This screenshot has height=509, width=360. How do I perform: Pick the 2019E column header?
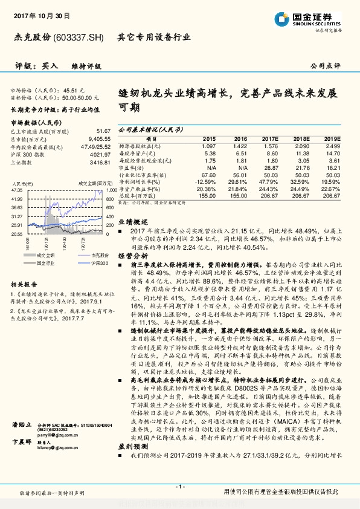click(332, 138)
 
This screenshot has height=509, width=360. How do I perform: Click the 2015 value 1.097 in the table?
click(208, 146)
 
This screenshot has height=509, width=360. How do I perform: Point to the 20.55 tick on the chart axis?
click(17, 233)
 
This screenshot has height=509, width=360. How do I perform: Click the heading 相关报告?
click(25, 284)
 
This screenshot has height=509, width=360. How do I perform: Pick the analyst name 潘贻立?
click(21, 442)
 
